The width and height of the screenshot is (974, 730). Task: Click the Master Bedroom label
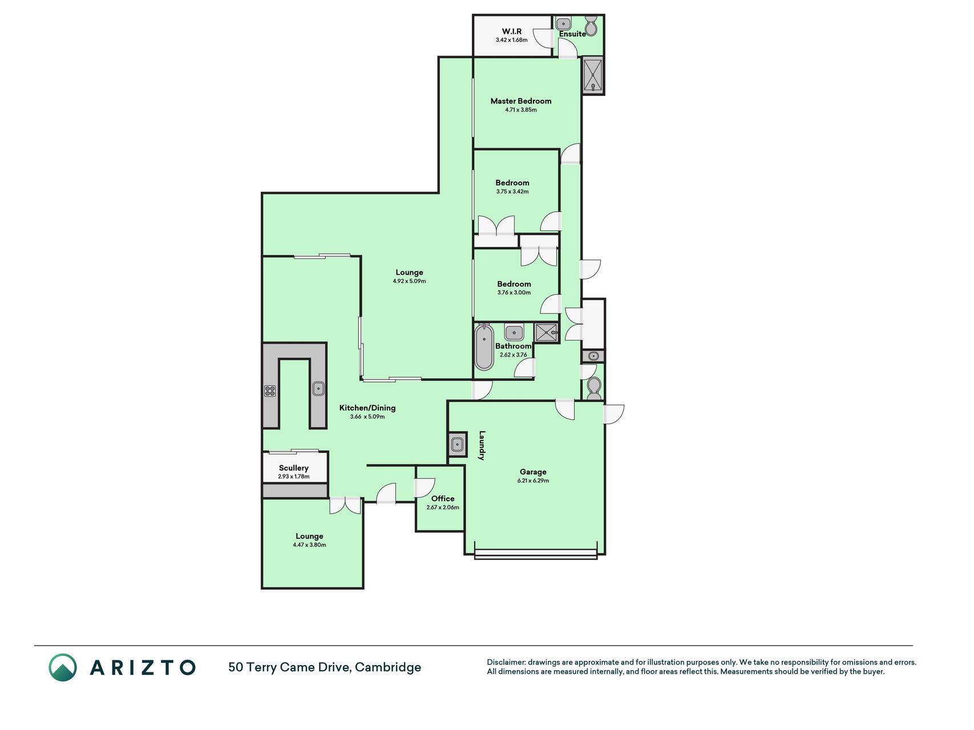521,101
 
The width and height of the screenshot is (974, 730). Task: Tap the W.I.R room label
512,31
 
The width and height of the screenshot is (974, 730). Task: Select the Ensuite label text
572,34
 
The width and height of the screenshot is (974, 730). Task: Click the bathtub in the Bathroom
484,347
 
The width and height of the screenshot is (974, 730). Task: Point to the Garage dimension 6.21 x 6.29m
533,481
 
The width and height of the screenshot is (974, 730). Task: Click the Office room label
443,498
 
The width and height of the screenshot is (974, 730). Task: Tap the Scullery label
294,468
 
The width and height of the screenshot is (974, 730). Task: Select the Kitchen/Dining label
367,408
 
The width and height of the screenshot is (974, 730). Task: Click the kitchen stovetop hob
270,391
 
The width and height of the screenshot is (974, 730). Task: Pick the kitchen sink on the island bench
318,389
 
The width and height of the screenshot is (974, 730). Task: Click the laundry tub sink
456,444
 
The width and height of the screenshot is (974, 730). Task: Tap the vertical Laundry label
482,445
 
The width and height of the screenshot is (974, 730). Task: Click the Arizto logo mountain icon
63,667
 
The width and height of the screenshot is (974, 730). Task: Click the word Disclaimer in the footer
506,662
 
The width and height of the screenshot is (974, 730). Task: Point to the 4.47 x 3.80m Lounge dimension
309,545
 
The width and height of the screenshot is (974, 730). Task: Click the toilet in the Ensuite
592,26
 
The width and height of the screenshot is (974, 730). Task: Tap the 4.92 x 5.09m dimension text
409,281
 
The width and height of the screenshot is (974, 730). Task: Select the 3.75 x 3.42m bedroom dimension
512,192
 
